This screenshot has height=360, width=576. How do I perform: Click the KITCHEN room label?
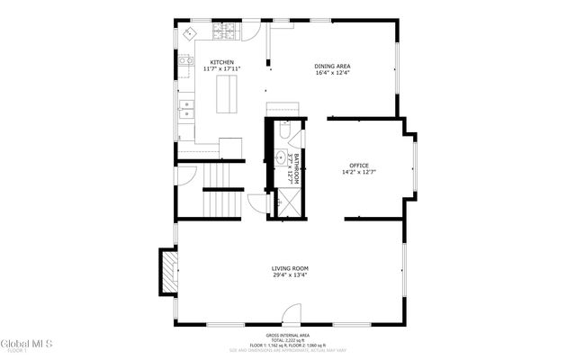222,62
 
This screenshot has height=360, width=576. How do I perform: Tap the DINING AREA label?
332,66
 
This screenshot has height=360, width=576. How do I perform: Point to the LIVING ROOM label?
290,268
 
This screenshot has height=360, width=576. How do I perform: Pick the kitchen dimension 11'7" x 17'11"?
222,69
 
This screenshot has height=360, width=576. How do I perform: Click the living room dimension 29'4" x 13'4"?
290,275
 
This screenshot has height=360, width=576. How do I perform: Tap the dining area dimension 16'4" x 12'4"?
332,73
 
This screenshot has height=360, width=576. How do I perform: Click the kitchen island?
229,94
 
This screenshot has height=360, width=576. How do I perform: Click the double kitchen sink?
185,111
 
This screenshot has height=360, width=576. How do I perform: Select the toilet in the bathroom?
284,131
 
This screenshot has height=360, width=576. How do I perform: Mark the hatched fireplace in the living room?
168,272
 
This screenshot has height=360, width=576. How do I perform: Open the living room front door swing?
291,316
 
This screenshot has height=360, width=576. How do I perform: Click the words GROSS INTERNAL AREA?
290,334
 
